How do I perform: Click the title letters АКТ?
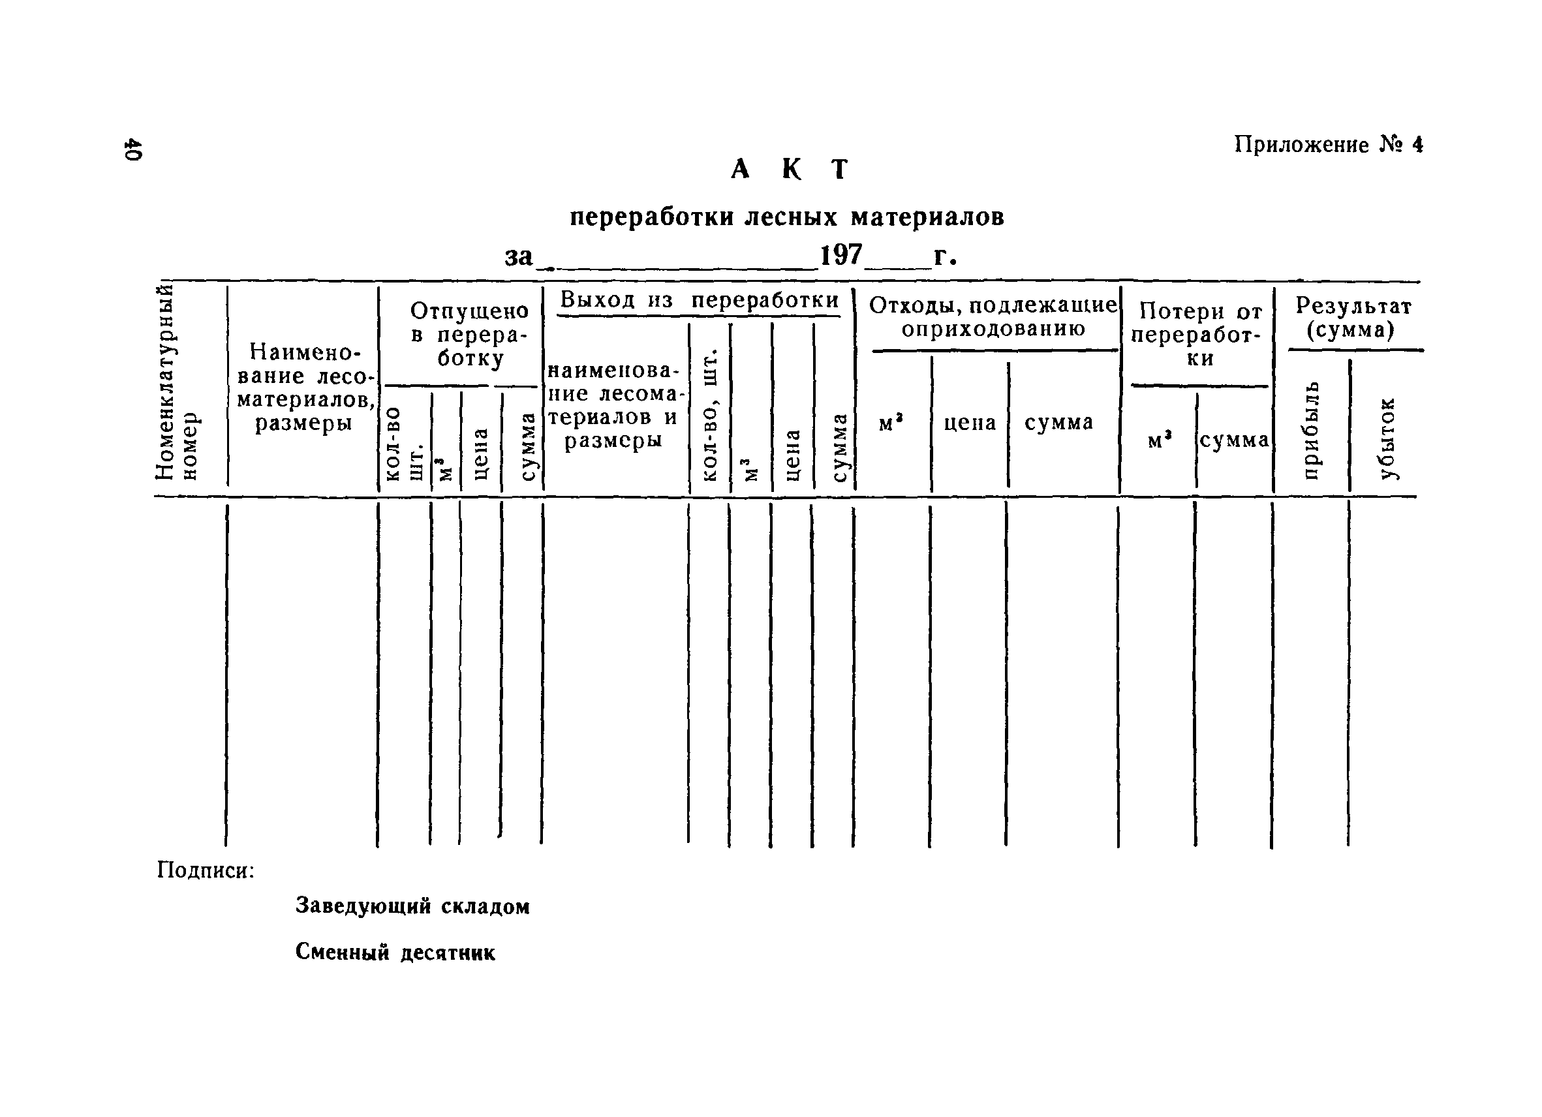[x=790, y=169]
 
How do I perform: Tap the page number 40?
[x=132, y=150]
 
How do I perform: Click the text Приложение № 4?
[x=1328, y=145]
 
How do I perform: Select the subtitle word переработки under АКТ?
[x=653, y=217]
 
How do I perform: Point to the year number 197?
[x=841, y=256]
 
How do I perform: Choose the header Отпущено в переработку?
[x=469, y=335]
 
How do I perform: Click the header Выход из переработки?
[x=699, y=300]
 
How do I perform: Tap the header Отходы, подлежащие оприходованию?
[x=993, y=317]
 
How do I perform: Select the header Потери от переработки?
[x=1200, y=335]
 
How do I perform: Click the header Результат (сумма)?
[x=1353, y=318]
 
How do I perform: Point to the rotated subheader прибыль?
[x=1312, y=430]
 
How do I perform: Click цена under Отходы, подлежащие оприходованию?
[x=970, y=423]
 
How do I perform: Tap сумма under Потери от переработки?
[x=1234, y=440]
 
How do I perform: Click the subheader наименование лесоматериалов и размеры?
[x=614, y=405]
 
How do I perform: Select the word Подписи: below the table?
[x=206, y=870]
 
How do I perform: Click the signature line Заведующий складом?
[x=412, y=906]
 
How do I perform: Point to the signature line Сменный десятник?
[x=395, y=953]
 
